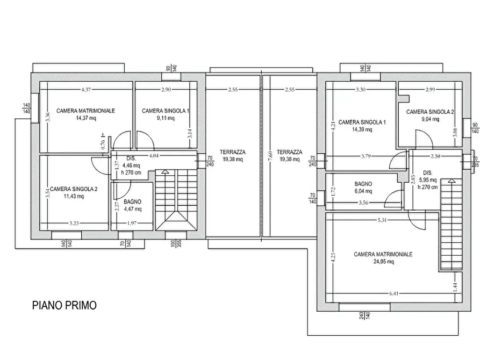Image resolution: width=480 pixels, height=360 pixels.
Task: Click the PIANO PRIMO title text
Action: pos(65,305)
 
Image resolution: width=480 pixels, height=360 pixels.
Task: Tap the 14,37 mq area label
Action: pos(85,118)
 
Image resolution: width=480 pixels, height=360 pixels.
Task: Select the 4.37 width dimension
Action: pos(86,89)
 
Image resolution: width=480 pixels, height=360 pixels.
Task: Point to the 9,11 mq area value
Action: pos(166,118)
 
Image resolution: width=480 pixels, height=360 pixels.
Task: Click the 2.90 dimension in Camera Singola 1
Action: pos(166,89)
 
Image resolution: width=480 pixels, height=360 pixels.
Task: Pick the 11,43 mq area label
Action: pos(74,196)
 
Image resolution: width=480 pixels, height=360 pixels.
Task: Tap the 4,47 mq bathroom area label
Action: pos(133,209)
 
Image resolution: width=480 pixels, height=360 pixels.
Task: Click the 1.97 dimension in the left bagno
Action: pos(132,223)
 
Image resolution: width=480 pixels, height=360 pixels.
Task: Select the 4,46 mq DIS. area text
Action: pos(131,165)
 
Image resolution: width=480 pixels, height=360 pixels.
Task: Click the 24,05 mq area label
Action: pos(384,262)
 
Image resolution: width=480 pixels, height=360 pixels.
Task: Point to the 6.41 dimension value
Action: pos(394,293)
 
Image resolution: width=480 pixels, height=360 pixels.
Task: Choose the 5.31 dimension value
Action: pos(382,220)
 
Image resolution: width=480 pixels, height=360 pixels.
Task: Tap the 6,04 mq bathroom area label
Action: pos(363,191)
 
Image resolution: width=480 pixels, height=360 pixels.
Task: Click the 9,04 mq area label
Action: pos(430,119)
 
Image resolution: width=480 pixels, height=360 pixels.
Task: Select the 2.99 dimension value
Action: pos(430,89)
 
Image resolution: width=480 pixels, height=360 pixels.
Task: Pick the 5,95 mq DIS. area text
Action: pos(428,180)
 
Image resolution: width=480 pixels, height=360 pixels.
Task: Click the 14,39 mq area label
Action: pos(362,129)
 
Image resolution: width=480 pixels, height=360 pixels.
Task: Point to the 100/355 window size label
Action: pos(176,243)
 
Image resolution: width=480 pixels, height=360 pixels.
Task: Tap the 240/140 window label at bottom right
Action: pos(364,315)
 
